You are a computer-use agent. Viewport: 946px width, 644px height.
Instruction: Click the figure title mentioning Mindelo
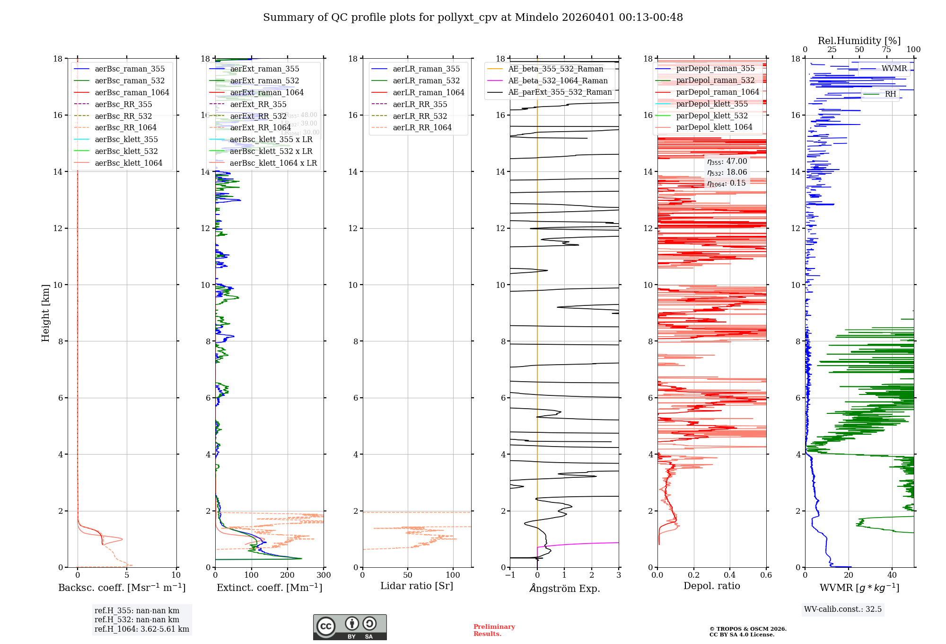pos(473,18)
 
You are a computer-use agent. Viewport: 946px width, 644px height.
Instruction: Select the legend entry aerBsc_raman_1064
pos(131,92)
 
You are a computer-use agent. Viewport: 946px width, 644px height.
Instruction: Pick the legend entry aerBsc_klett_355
pos(126,139)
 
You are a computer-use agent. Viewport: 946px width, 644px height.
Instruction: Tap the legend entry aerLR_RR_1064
pos(422,127)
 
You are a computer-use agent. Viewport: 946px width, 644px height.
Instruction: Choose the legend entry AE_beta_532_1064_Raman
pos(558,80)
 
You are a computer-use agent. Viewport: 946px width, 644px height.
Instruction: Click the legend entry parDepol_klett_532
pos(712,116)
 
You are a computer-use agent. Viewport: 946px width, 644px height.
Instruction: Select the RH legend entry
pos(890,94)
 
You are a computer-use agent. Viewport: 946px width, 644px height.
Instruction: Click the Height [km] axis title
pos(45,313)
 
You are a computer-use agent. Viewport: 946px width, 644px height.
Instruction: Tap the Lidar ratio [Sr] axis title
pos(417,586)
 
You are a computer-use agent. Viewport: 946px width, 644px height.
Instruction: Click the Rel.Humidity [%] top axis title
pos(859,41)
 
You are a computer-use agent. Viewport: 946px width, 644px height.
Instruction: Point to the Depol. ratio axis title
pos(711,586)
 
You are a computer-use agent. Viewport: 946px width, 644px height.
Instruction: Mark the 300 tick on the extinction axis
pos(324,575)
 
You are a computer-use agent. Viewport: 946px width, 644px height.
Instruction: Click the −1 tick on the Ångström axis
pos(510,575)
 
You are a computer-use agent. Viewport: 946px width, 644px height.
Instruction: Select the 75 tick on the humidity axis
pos(886,49)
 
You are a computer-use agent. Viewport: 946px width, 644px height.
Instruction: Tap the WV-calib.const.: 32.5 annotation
pos(842,609)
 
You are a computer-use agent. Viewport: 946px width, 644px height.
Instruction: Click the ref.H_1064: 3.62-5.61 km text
pos(142,629)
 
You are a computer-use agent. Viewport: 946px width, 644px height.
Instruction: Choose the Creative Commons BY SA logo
pos(350,627)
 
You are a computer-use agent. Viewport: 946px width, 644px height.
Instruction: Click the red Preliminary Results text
pos(494,630)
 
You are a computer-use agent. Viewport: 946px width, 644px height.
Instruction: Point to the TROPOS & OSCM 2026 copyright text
pos(747,632)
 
